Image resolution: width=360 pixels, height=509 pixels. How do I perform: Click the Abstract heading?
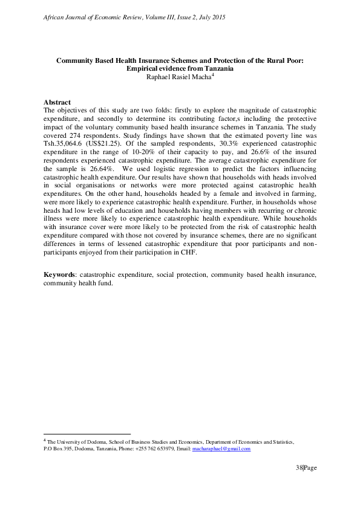(x=57, y=103)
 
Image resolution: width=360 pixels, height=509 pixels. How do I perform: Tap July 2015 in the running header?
(x=211, y=18)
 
